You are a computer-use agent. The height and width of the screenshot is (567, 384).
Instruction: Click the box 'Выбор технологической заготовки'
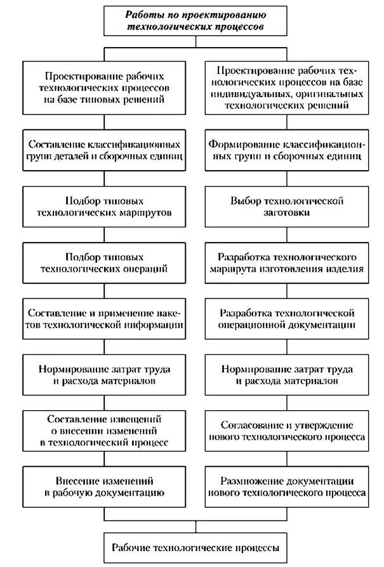[287, 206]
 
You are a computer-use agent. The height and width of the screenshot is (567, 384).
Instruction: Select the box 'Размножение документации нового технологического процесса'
[287, 487]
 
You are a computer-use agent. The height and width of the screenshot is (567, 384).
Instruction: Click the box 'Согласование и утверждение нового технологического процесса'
[287, 430]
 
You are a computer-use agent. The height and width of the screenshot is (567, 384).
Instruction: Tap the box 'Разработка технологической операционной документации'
[287, 319]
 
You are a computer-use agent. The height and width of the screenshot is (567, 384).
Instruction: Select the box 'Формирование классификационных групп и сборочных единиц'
[287, 150]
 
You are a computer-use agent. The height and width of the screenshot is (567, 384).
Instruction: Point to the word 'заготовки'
[288, 213]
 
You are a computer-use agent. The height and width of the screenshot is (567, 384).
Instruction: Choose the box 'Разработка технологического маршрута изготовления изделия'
[287, 263]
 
